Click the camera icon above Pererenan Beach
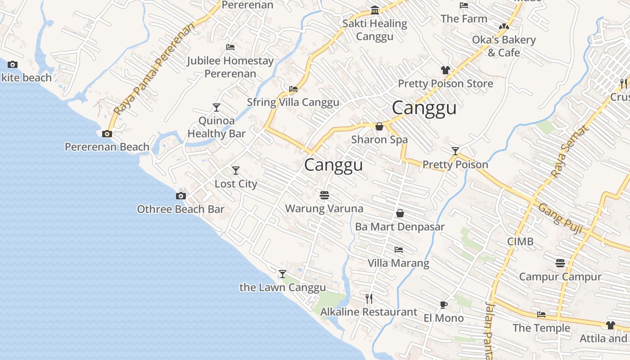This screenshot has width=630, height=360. [107, 134]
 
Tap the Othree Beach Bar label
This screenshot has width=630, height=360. [180, 209]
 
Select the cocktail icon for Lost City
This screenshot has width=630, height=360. [236, 171]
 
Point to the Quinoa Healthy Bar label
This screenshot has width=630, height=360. [216, 127]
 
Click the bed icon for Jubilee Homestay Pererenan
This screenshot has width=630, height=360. [230, 47]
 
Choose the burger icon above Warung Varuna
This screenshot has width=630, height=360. [324, 195]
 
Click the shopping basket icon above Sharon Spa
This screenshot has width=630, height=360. [379, 126]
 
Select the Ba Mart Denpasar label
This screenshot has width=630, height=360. [400, 227]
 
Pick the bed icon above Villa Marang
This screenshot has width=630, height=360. [399, 250]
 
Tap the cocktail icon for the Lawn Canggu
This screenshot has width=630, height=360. [283, 274]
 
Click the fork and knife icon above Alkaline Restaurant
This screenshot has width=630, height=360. [369, 298]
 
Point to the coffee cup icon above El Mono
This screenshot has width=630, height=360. [444, 305]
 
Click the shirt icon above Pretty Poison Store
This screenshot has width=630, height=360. [445, 70]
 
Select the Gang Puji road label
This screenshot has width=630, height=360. [561, 219]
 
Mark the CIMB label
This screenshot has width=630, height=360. [520, 242]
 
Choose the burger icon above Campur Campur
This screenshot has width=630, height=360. [560, 263]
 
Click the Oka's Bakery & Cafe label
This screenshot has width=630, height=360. [504, 46]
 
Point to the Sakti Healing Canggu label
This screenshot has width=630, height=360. [375, 30]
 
